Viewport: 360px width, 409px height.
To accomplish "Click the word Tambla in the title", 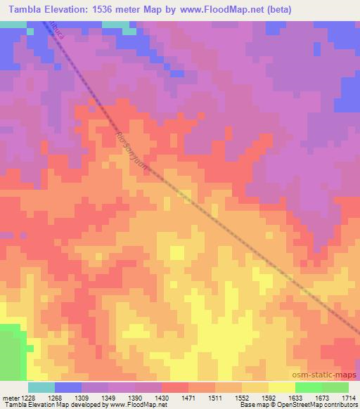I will point(28,10).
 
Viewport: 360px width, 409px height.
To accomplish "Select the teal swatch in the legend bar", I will point(41,387).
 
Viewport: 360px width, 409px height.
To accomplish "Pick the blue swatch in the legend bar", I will point(68,387).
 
